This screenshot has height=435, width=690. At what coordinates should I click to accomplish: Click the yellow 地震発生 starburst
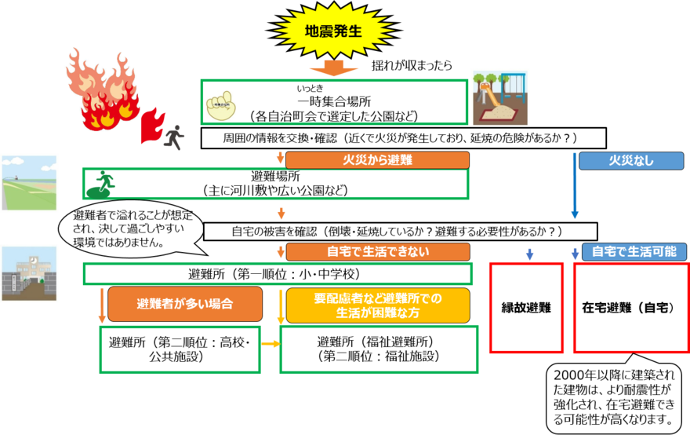333,31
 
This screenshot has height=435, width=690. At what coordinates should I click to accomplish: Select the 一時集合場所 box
334,101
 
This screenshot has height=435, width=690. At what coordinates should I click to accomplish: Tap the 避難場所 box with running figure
275,183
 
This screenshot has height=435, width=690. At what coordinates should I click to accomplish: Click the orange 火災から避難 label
377,160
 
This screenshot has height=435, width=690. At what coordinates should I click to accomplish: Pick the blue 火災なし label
630,160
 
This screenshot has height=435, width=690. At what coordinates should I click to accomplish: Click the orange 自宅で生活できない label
377,252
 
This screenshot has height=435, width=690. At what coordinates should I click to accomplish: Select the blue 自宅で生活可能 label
634,252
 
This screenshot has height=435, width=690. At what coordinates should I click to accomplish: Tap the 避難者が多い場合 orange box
184,304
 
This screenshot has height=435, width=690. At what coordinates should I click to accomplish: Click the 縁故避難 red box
526,308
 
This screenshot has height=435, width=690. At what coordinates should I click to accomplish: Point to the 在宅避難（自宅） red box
631,308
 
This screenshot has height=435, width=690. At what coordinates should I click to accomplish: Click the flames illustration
102,88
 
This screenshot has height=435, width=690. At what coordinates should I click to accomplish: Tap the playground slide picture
499,97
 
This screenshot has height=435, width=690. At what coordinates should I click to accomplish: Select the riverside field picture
30,183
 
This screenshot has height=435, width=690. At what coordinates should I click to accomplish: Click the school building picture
30,274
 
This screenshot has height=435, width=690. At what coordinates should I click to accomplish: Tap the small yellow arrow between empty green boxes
271,344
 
